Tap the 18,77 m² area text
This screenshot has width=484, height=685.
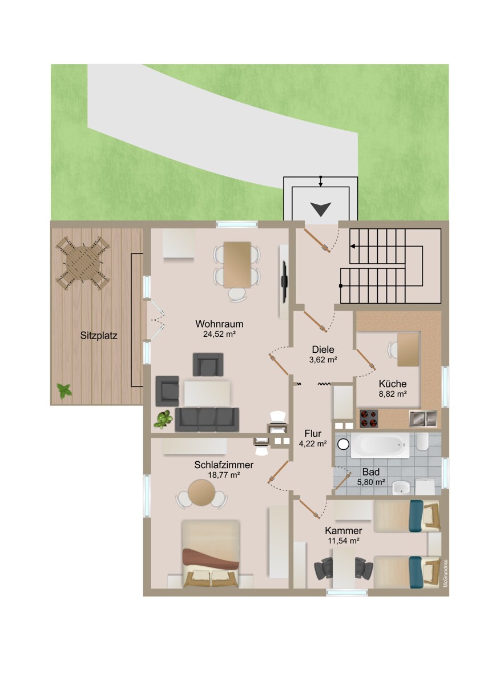click(223, 475)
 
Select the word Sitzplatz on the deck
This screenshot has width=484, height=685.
click(99, 336)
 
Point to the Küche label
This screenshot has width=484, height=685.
click(392, 384)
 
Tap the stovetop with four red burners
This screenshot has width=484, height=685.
click(369, 419)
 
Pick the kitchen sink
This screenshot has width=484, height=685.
click(422, 418)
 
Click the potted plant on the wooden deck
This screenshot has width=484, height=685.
click(64, 391)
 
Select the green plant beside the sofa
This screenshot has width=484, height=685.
click(164, 420)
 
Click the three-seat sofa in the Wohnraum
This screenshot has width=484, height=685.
click(207, 420)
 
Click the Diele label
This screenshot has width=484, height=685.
click(322, 350)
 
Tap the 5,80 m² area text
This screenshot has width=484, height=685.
click(370, 482)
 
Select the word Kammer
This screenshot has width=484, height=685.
click(344, 530)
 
